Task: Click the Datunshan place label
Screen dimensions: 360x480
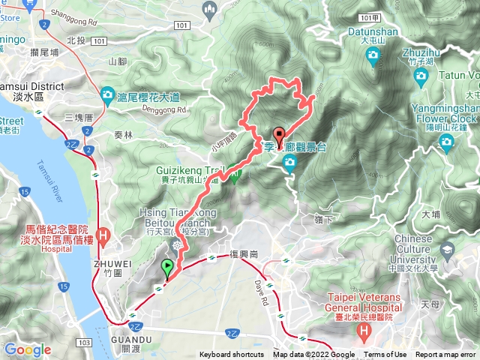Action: (x=373, y=31)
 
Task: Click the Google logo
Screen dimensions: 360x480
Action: (x=28, y=349)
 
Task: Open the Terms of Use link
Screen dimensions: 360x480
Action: (x=385, y=355)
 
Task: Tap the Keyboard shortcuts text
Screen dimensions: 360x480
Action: (x=232, y=355)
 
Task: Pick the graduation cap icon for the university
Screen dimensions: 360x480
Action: (x=448, y=250)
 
